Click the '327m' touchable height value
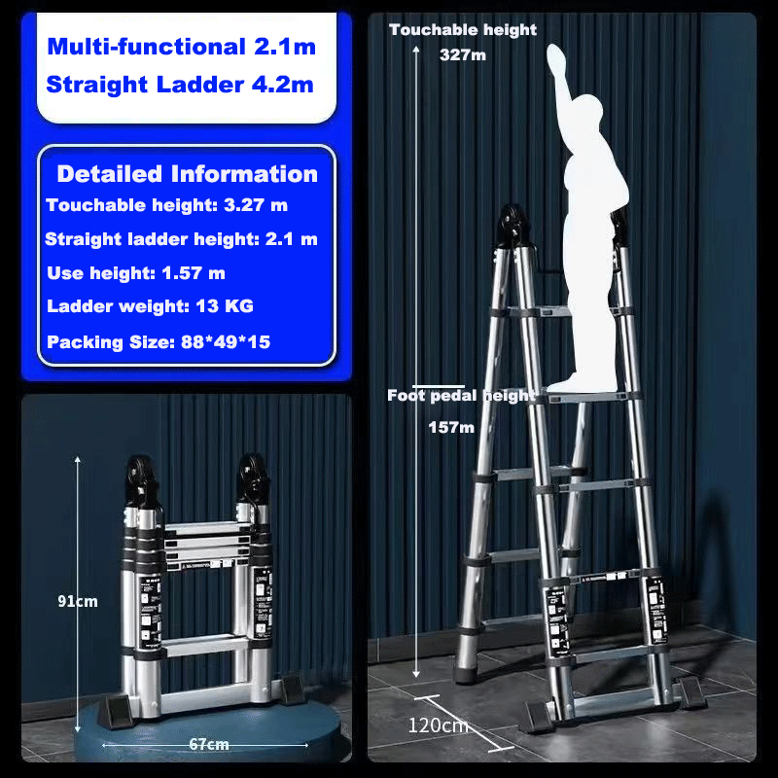coord(463,54)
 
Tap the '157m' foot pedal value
coord(451,427)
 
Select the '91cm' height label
coord(78,601)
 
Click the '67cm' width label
coord(209,744)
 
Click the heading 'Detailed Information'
coord(187,174)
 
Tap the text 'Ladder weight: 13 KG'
coord(150,306)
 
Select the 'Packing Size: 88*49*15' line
coord(159,342)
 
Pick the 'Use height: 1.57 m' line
coord(136,273)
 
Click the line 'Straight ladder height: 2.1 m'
coord(181,239)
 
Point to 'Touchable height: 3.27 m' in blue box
coord(166,205)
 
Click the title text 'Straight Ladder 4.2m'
coord(180,85)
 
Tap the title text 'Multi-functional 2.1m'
coord(182,47)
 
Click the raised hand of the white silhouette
coord(556,59)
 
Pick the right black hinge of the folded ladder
coord(254,477)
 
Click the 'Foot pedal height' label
coord(461,396)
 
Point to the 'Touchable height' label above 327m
coord(463,30)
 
